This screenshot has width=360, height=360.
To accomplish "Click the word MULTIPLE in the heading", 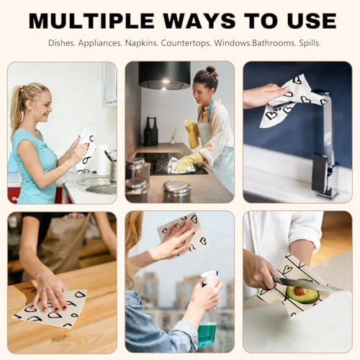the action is [x=91, y=21].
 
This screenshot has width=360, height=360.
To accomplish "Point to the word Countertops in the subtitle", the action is [x=186, y=43].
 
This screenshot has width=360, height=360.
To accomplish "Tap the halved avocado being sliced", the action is [x=302, y=292].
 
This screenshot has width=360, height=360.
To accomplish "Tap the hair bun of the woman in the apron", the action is [x=212, y=71].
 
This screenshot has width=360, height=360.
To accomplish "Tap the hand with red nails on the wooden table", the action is [x=50, y=294].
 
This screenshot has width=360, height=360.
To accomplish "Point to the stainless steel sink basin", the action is [x=102, y=189].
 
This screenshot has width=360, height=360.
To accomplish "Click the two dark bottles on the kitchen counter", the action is [x=150, y=131].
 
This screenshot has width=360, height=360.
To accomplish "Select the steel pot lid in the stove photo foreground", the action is [x=177, y=186].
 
